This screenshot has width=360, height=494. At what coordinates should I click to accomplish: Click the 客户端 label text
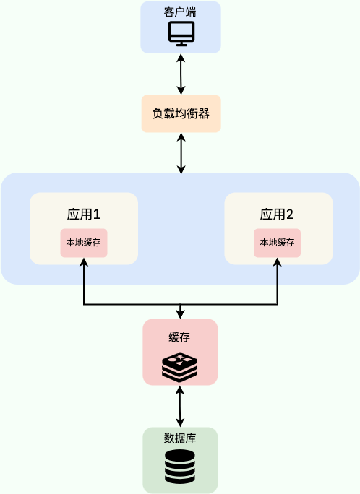[x=181, y=12]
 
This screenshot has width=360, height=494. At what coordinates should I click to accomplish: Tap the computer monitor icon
[x=181, y=33]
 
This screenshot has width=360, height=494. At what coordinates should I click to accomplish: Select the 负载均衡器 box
[x=181, y=113]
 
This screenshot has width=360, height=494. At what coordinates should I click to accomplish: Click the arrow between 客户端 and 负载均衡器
[x=181, y=74]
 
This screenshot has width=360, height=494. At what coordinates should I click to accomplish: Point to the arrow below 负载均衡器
[x=181, y=153]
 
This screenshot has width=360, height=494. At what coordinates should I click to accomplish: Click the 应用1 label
[x=83, y=214]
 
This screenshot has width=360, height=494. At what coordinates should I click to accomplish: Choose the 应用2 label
[x=277, y=214]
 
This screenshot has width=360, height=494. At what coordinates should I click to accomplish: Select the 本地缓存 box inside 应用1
[x=84, y=243]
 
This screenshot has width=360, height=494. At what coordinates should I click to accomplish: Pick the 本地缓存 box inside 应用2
[x=277, y=243]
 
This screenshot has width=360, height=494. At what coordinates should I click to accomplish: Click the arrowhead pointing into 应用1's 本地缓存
[x=84, y=262]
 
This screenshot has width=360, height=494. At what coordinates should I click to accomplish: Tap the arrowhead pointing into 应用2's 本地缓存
[x=277, y=262]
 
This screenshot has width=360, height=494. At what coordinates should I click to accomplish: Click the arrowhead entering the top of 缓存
[x=180, y=314]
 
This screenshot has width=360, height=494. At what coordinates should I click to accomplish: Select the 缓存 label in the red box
[x=180, y=337]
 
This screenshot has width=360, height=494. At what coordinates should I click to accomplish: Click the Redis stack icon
[x=179, y=367]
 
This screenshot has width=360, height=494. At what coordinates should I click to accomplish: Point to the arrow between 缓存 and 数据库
[x=180, y=406]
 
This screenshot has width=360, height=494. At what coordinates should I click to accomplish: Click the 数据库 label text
[x=180, y=438]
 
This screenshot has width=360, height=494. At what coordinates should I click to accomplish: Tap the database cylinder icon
[x=179, y=467]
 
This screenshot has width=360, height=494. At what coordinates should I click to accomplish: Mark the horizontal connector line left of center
[x=130, y=305]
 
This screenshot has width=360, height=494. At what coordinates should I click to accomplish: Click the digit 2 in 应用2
[x=289, y=214]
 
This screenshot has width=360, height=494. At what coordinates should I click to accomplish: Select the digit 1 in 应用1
[x=95, y=214]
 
